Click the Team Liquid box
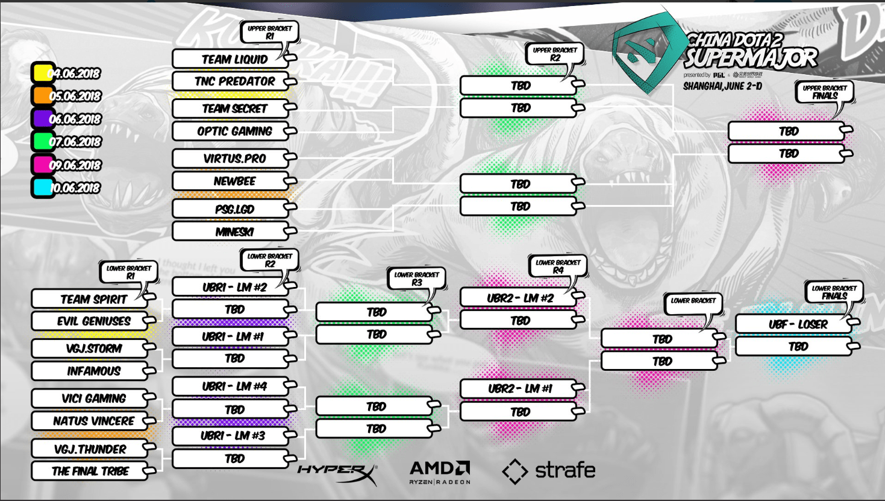tap(233, 59)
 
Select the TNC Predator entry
tap(233, 81)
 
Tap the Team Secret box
tap(233, 109)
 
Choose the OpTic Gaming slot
tap(233, 131)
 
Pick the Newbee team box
tap(233, 181)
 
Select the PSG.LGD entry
tap(233, 209)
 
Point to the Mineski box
tap(233, 232)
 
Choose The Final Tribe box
tap(90, 471)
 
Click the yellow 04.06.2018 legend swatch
tap(42, 74)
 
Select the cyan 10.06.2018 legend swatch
tap(42, 187)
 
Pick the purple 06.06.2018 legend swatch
tap(42, 119)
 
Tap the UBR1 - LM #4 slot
tap(233, 386)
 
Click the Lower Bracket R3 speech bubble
tap(416, 279)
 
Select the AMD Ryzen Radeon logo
tap(439, 472)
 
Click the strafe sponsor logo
tap(548, 471)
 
